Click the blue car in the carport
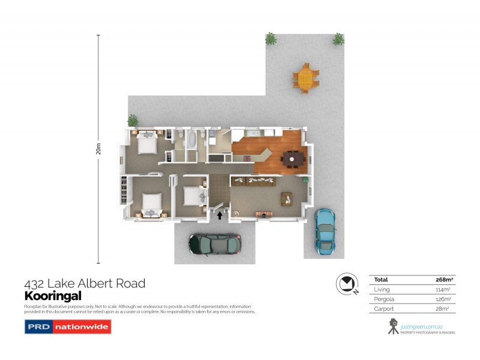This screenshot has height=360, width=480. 325,230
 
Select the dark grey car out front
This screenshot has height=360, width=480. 215,243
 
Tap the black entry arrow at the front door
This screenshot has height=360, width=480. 220,215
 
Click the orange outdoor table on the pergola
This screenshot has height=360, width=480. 306,78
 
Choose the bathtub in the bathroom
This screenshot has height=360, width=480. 191,141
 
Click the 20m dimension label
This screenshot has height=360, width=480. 98,149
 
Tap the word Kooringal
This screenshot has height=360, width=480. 52,296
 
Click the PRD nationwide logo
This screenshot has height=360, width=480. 67,327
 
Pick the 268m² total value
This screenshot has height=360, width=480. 442,280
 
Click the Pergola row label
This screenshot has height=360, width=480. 385,299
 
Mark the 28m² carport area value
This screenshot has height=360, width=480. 443,308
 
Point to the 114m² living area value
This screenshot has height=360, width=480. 442,289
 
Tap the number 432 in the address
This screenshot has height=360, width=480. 34,283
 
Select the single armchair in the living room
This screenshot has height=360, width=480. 286,198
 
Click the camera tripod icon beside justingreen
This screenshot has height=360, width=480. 394,326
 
